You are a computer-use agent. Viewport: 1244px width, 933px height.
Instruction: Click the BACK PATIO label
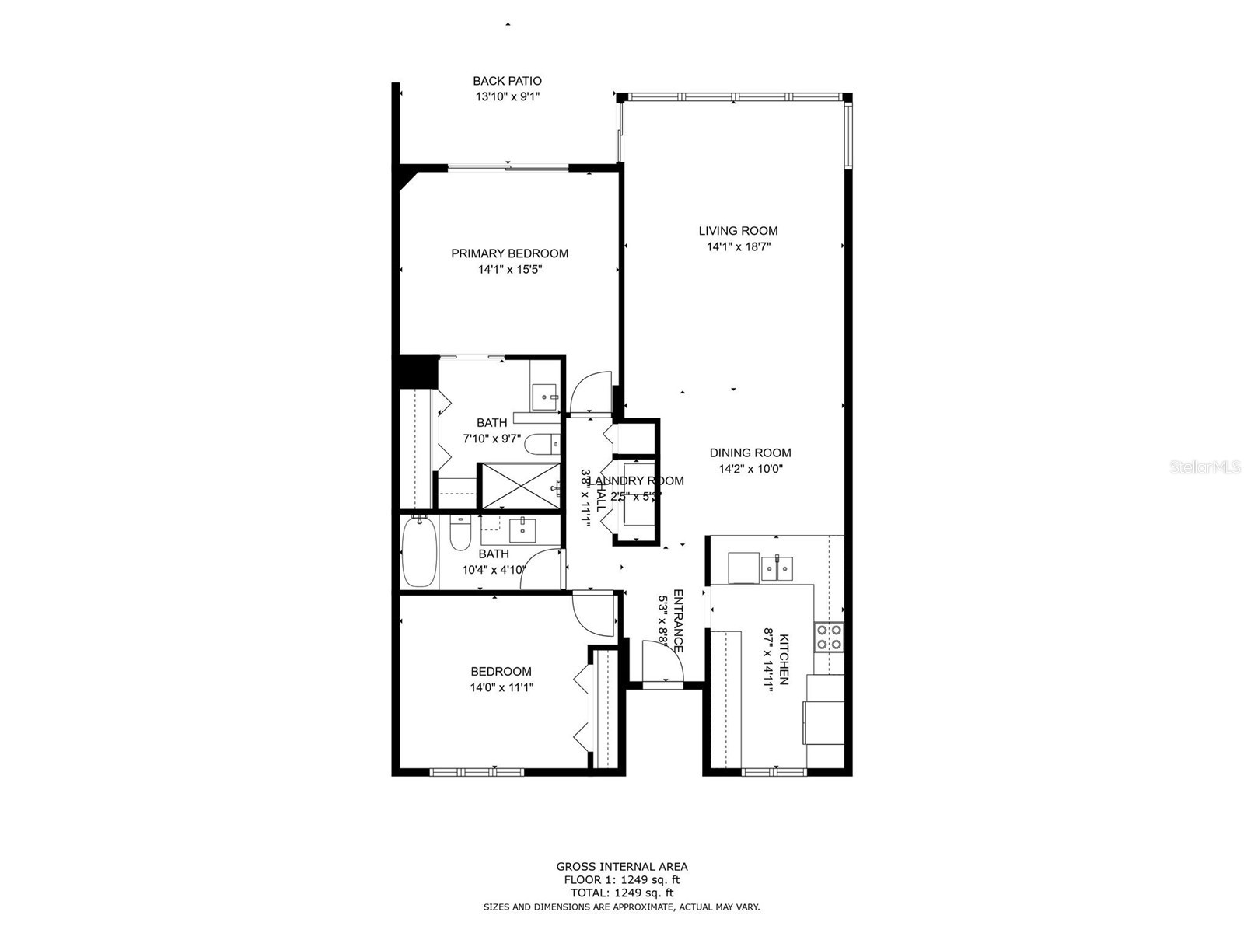pos(507,81)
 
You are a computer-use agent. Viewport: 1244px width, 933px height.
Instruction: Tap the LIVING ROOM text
pos(738,231)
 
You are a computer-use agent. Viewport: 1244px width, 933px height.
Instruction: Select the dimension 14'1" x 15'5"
pos(509,270)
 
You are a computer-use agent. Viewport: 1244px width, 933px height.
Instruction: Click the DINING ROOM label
pos(750,453)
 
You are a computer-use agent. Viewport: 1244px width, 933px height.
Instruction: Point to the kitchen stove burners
pos(830,637)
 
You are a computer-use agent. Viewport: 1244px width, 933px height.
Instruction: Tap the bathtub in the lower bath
pos(419,553)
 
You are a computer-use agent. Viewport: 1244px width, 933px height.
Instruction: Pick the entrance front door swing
pos(662,661)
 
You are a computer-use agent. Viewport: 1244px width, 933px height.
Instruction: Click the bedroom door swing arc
pos(592,613)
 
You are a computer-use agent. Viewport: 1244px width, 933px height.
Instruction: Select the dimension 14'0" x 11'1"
pos(501,687)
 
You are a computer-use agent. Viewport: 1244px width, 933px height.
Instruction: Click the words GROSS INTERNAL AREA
pos(621,867)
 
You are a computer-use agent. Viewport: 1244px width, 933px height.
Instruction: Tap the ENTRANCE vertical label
pos(677,620)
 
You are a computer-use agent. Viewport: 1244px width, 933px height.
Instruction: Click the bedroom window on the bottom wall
pos(477,772)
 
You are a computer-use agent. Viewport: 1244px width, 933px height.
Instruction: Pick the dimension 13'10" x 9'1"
pos(507,97)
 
